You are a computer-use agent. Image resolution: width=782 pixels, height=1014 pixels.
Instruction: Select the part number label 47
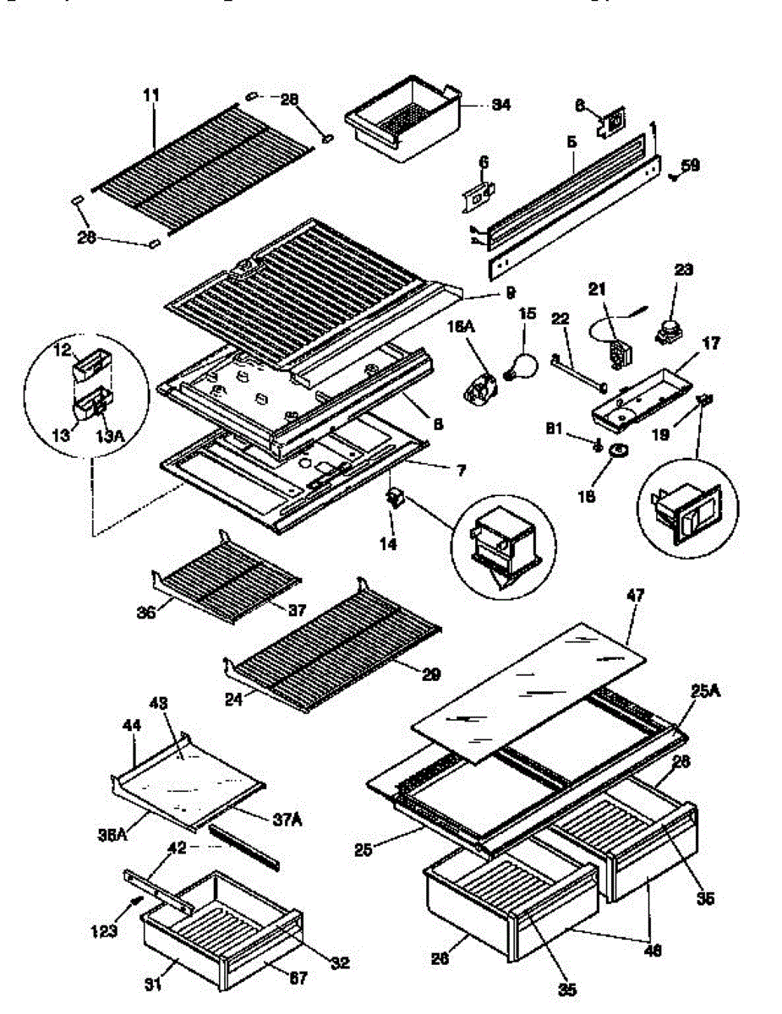pos(635,596)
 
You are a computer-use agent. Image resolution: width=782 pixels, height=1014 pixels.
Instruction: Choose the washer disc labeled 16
pos(619,451)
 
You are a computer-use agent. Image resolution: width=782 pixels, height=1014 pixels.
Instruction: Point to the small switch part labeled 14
pos(394,499)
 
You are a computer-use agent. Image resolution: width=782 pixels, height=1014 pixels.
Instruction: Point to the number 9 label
pos(510,294)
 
